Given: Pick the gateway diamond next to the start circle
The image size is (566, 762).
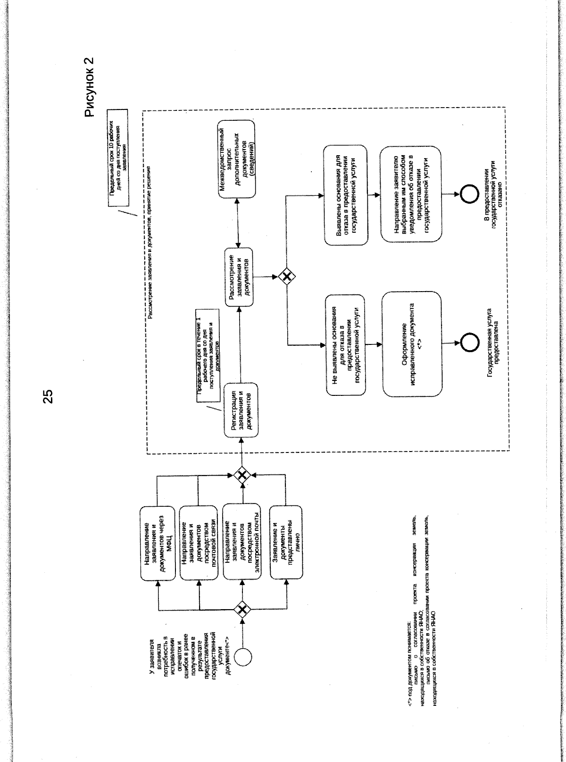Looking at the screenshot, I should [242, 610].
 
